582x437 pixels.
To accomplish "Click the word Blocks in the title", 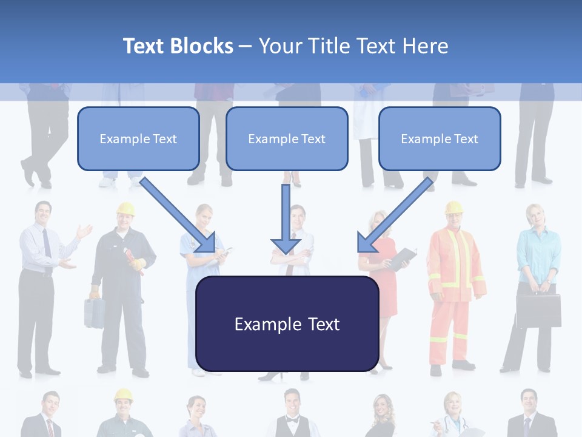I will tap(202, 46).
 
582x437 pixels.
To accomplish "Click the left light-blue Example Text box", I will tap(138, 138).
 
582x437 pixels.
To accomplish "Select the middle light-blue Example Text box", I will tap(287, 138).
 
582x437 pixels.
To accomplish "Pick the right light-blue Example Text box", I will tap(440, 138).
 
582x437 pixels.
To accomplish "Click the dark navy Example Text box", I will tap(287, 324).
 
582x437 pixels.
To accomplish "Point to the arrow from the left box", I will tap(179, 215).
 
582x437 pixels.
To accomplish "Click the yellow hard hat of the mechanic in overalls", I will tap(125, 209).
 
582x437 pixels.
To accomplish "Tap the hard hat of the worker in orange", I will tap(453, 207).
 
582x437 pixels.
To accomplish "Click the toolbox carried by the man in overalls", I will tap(94, 313).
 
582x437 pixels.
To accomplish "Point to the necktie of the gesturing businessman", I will tap(47, 243).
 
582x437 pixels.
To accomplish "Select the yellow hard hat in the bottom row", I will tap(124, 395).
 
